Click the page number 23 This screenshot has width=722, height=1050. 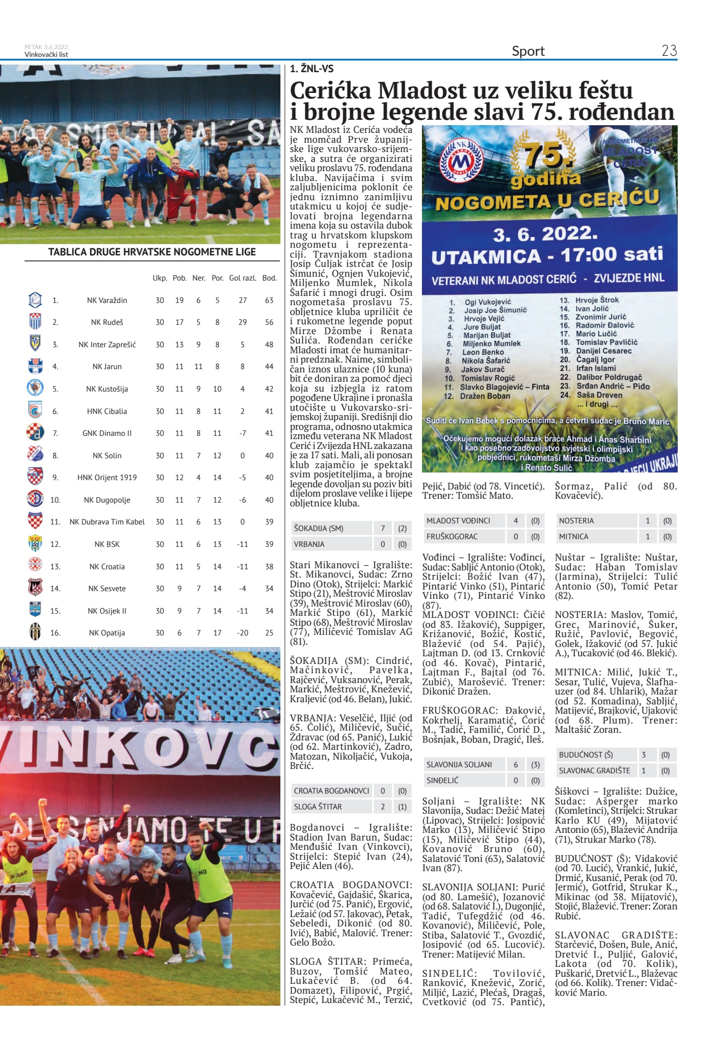pos(669,51)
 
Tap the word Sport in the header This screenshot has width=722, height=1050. pos(528,51)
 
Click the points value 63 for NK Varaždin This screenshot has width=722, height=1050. pos(269,300)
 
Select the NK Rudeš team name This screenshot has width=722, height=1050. pos(107,322)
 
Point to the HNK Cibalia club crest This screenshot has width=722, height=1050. pos(35,411)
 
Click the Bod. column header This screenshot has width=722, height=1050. pos(269,278)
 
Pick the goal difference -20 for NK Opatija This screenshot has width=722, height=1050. pos(243,633)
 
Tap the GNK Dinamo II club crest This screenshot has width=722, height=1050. pos(35,433)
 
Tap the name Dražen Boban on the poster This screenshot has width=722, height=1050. pos(485,396)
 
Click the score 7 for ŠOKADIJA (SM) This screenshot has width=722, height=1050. pos(383,528)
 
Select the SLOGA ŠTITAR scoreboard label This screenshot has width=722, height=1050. pos(318,807)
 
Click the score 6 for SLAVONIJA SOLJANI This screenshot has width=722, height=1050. pos(515,765)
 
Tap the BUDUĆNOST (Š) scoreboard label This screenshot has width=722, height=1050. pos(585,755)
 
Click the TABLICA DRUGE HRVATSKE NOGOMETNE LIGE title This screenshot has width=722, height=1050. pos(152,252)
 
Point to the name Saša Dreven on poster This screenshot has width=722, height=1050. pos(599,395)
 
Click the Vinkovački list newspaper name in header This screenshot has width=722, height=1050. pos(46,55)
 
